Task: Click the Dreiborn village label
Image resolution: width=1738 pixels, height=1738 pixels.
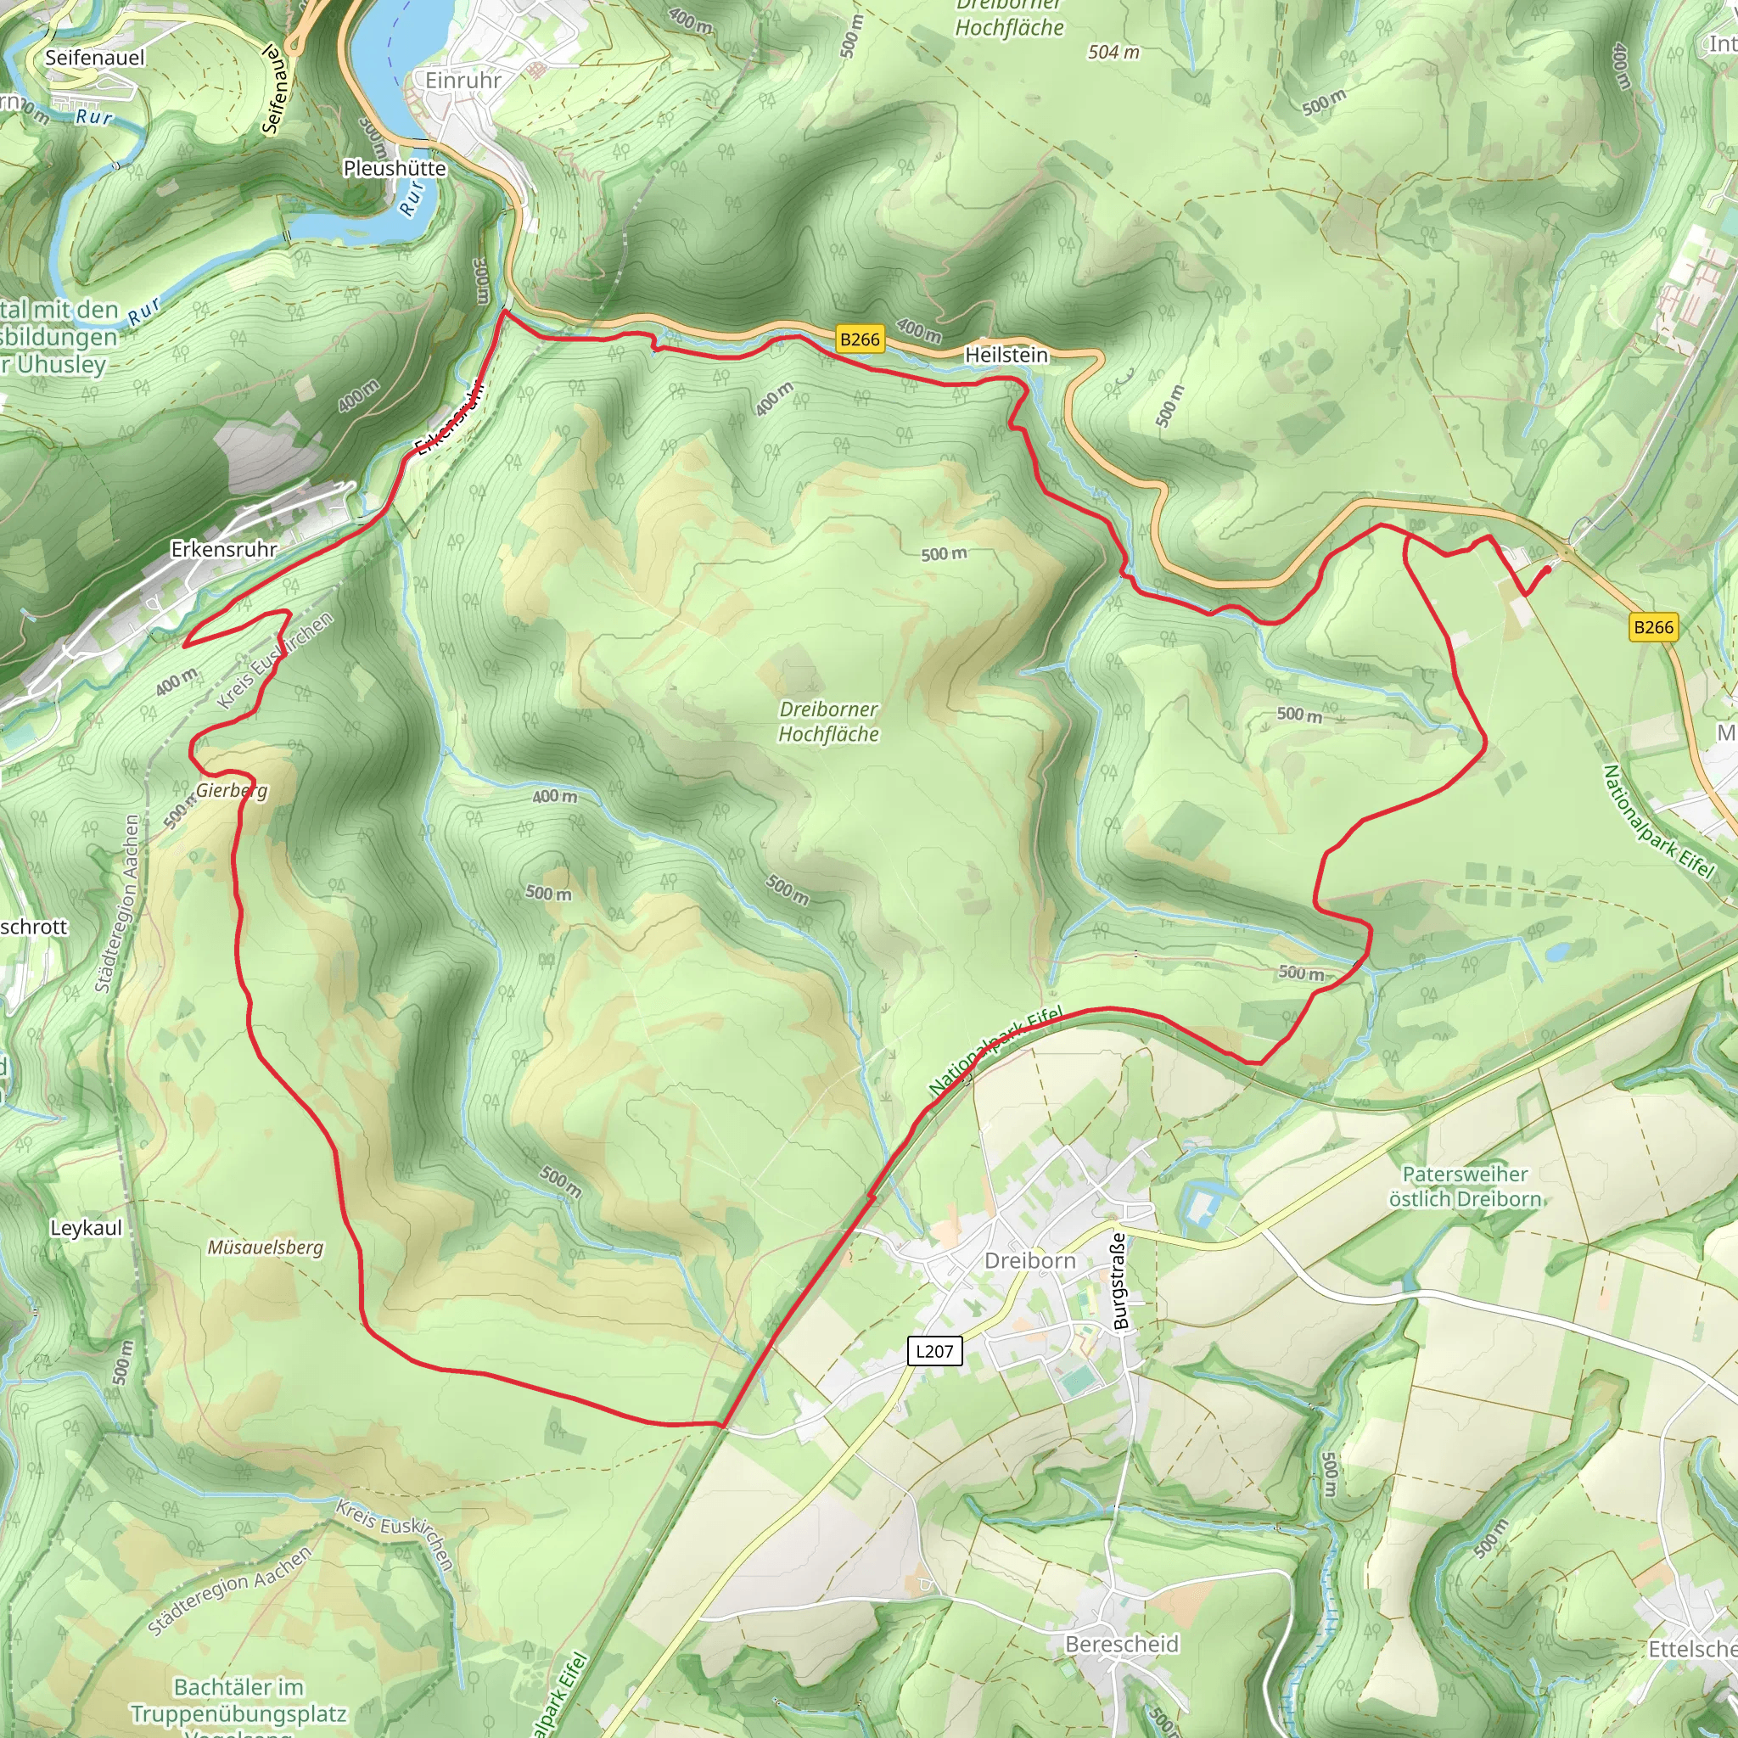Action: click(1030, 1260)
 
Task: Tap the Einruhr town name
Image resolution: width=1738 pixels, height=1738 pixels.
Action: click(463, 80)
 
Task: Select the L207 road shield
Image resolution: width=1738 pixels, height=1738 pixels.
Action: click(934, 1350)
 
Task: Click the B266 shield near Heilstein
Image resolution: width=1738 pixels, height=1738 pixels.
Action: click(859, 339)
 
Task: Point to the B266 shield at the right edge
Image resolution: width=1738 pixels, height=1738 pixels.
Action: click(1653, 627)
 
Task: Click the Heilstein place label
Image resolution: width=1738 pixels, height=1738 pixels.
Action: click(1006, 356)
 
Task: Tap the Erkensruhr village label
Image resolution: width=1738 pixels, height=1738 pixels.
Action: click(224, 549)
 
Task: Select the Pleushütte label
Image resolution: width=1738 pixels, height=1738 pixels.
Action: click(394, 168)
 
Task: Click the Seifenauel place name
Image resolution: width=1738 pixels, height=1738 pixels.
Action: click(94, 58)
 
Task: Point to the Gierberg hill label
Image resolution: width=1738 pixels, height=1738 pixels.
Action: click(231, 790)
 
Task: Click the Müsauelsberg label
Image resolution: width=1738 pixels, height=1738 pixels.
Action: click(266, 1247)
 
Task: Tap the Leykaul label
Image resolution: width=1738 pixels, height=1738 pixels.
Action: click(86, 1228)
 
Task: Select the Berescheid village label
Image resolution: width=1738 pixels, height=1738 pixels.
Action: click(1121, 1644)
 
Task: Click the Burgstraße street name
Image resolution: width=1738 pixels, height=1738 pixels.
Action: click(1120, 1281)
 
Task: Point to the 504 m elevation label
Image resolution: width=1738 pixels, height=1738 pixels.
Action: click(1113, 52)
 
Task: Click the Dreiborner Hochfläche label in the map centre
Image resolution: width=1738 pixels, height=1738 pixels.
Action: click(827, 721)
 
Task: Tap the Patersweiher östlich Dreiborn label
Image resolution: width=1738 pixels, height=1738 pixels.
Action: click(1465, 1186)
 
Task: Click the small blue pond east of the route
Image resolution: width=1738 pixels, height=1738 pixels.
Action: click(1557, 950)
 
